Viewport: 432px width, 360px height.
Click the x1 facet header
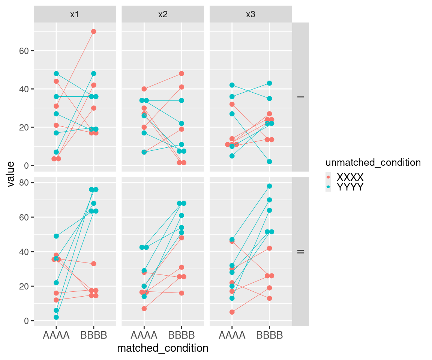point(75,14)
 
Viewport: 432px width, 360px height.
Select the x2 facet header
point(163,14)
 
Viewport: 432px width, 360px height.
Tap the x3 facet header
point(250,14)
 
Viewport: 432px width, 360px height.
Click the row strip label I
point(300,97)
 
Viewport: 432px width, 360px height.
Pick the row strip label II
point(300,251)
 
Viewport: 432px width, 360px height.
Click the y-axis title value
point(11,174)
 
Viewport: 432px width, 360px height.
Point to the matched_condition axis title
point(163,348)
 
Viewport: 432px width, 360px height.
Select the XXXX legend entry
point(350,177)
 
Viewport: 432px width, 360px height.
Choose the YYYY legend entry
point(350,187)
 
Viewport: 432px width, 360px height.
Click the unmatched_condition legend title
point(373,162)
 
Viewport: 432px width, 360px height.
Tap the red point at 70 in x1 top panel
point(94,31)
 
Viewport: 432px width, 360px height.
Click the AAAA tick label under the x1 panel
point(56,335)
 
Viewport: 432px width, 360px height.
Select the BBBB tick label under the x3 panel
point(269,335)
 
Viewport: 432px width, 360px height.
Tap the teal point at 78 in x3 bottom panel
point(269,186)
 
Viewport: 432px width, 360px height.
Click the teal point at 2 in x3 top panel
point(269,162)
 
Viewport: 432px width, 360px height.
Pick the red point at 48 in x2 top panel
point(181,74)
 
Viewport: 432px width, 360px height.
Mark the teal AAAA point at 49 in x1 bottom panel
point(56,236)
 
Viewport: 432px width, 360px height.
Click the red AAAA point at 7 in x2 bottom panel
point(144,309)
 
